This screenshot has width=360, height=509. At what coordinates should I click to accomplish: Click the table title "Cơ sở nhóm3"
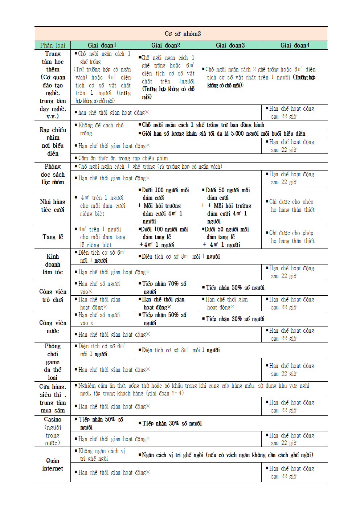pos(183,34)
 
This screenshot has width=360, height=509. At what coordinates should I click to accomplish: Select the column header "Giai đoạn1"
pos(102,45)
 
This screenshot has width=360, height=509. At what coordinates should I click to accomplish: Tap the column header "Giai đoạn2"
pos(165,45)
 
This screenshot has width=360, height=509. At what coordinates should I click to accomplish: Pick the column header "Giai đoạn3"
pos(230,45)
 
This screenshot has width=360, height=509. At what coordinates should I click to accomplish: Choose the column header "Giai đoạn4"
pos(295,45)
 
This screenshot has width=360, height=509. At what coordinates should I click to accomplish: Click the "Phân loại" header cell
pos(53,45)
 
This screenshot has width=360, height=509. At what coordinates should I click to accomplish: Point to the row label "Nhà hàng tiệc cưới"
pos(53,206)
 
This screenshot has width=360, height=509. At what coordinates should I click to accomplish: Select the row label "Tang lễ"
pos(53,237)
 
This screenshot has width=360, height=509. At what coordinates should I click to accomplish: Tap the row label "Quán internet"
pos(53,464)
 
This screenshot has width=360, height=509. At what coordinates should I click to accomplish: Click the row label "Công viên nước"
pos(53,327)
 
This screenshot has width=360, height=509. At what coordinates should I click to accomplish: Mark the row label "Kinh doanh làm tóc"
pos(53,264)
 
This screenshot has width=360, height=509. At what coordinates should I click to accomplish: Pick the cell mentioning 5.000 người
pos(223,134)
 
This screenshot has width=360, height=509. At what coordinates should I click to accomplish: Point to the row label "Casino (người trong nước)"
pos(53,431)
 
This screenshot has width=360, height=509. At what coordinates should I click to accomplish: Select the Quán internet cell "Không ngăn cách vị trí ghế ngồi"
pos(102,455)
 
